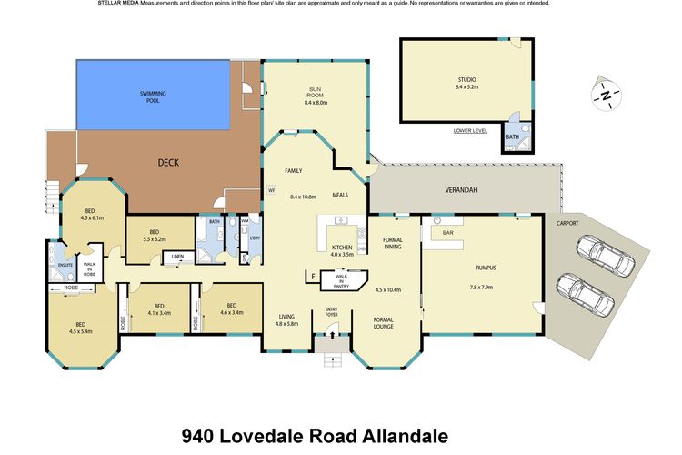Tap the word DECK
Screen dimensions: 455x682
coord(168,163)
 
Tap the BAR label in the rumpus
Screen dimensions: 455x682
coord(447,233)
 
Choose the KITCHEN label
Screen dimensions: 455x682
coord(342,247)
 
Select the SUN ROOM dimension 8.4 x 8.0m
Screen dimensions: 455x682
coord(315,103)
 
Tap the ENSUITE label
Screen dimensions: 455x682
coord(64,265)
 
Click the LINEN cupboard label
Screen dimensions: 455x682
coord(178,257)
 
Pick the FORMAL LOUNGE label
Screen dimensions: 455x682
coord(389,323)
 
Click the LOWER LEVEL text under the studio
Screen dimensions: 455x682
coord(470,131)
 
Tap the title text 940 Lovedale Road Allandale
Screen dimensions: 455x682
coord(315,435)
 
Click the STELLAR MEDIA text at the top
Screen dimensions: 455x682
coord(119,4)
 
